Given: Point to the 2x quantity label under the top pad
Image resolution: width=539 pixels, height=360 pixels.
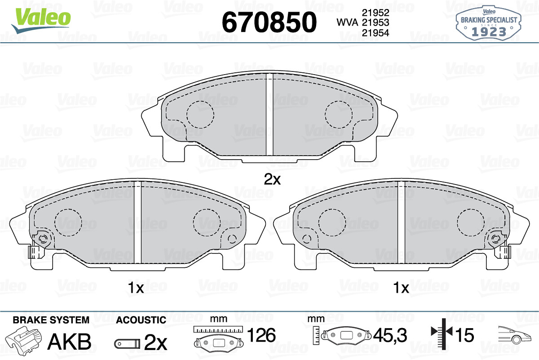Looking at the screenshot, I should click(x=272, y=180).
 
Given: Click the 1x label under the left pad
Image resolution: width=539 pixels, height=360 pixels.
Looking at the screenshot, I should click(x=135, y=288).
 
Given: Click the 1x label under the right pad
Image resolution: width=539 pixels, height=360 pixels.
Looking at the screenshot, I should click(x=401, y=288).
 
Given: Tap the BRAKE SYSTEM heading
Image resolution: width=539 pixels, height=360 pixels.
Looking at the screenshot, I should click(x=51, y=320).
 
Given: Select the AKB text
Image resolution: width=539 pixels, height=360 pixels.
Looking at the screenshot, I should click(x=69, y=342).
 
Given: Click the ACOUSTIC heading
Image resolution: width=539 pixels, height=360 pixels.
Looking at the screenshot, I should click(x=141, y=320).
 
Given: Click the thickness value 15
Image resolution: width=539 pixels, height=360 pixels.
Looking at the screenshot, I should click(x=464, y=335).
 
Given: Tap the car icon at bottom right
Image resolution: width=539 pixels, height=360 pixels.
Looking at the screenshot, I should click(x=514, y=335).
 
